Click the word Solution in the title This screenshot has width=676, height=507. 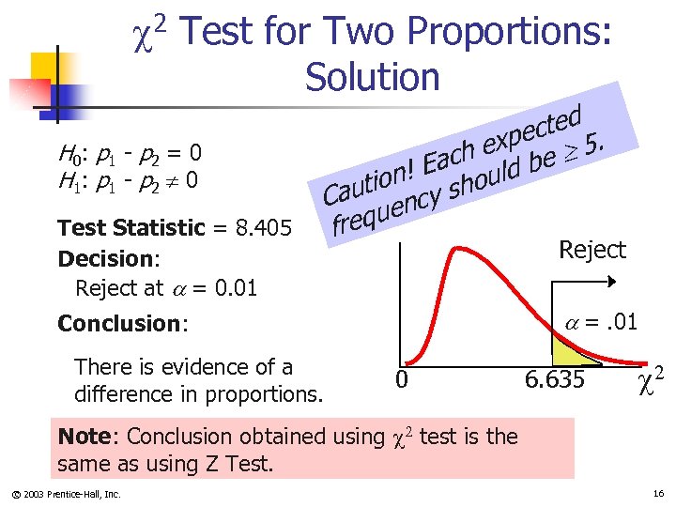coord(372,77)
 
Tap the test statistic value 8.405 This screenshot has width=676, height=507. coord(267,228)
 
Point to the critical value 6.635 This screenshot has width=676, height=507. coord(554,379)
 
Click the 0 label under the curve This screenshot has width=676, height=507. coord(401,380)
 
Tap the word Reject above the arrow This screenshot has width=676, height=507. coord(591,250)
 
